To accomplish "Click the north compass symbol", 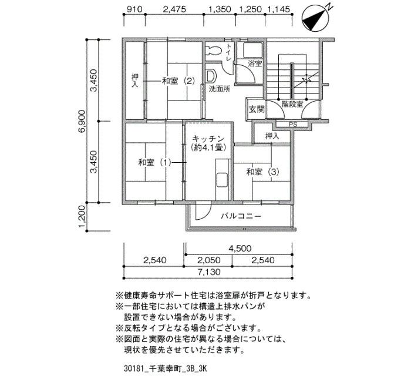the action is tap(315, 18).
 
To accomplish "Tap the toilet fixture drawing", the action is tap(213, 51).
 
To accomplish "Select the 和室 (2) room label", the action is tap(178, 81).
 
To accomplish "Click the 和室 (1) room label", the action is tap(154, 163).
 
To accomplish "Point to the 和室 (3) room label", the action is tap(262, 172).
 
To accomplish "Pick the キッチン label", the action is tap(208, 139).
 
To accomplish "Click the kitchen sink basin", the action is tap(223, 180).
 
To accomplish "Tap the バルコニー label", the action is tap(241, 216).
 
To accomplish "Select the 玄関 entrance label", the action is tap(257, 109).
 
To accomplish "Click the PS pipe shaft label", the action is tap(293, 125).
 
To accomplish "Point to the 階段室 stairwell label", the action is tap(292, 104).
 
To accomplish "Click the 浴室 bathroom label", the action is tap(255, 63).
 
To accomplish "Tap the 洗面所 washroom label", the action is tap(220, 89).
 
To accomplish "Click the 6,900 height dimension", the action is tap(82, 122).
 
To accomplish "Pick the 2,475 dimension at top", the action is tap(174, 9).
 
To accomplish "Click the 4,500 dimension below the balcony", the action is tap(240, 248).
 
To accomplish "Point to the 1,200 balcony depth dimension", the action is tap(82, 217).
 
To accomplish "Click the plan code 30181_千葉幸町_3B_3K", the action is tap(166, 368).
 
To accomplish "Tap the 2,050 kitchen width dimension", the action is tap(209, 260).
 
